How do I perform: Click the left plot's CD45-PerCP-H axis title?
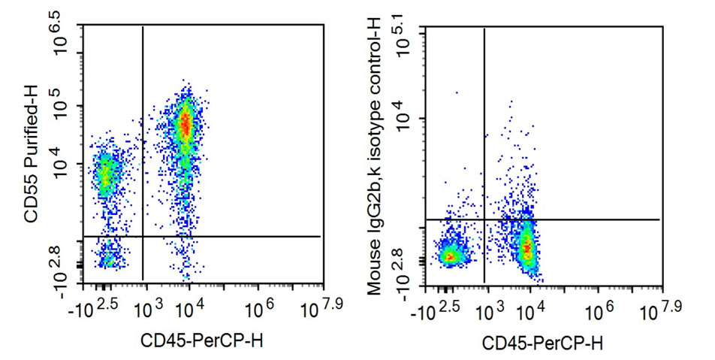point(202,340)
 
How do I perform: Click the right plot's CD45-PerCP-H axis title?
point(542,343)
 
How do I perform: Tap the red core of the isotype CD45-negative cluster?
point(450,256)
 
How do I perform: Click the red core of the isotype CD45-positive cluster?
point(527,247)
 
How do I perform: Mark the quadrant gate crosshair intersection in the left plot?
point(142,237)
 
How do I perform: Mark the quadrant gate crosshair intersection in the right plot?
point(484,219)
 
